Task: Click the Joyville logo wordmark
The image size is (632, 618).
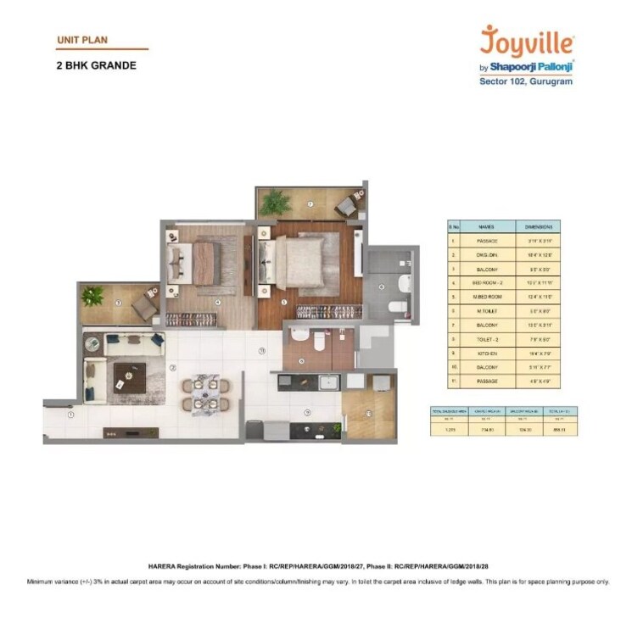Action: point(527,41)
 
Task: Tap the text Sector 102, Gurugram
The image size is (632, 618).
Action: point(527,82)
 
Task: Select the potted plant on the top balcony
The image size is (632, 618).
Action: point(275,201)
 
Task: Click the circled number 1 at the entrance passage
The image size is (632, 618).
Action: point(71,415)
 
